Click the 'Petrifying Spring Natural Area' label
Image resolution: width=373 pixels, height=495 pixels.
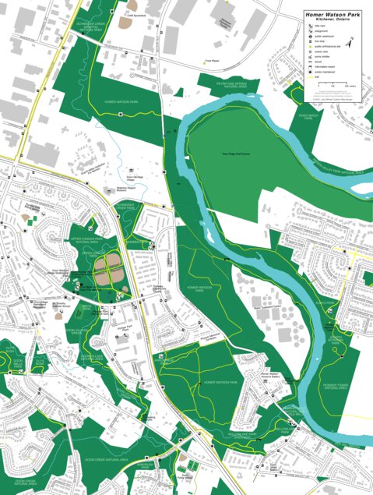[x=221, y=81]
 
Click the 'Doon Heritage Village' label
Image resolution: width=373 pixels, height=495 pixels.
[x=135, y=178]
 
